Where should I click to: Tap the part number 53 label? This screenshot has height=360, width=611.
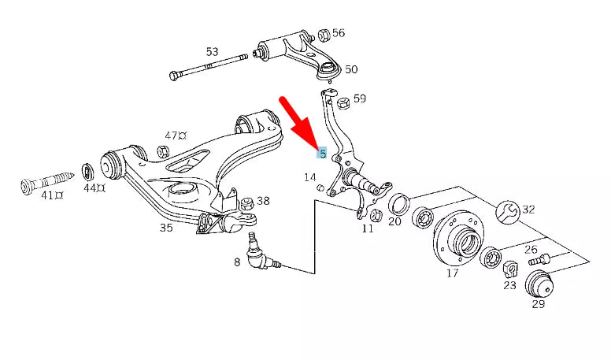[212, 52]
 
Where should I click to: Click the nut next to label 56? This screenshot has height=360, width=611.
[323, 35]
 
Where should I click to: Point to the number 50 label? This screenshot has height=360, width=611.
[350, 69]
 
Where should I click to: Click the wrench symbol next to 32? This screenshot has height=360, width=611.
[509, 210]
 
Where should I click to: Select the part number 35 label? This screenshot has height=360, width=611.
[165, 228]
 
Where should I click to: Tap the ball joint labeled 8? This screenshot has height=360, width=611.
[259, 257]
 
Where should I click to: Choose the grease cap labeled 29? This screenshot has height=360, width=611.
[539, 282]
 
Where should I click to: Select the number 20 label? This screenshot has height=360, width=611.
[394, 222]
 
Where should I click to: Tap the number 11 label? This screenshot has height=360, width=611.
[368, 229]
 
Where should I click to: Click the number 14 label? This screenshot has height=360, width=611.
[310, 178]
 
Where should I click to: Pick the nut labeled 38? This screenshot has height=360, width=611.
[246, 203]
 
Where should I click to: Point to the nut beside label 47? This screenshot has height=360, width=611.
[163, 151]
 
